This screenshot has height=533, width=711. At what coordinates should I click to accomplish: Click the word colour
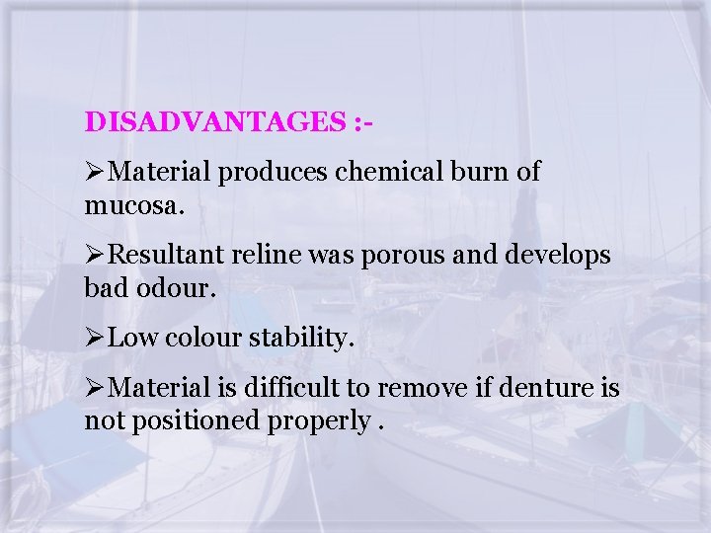pos(202,340)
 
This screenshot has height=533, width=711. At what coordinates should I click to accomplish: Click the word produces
pos(274,172)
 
